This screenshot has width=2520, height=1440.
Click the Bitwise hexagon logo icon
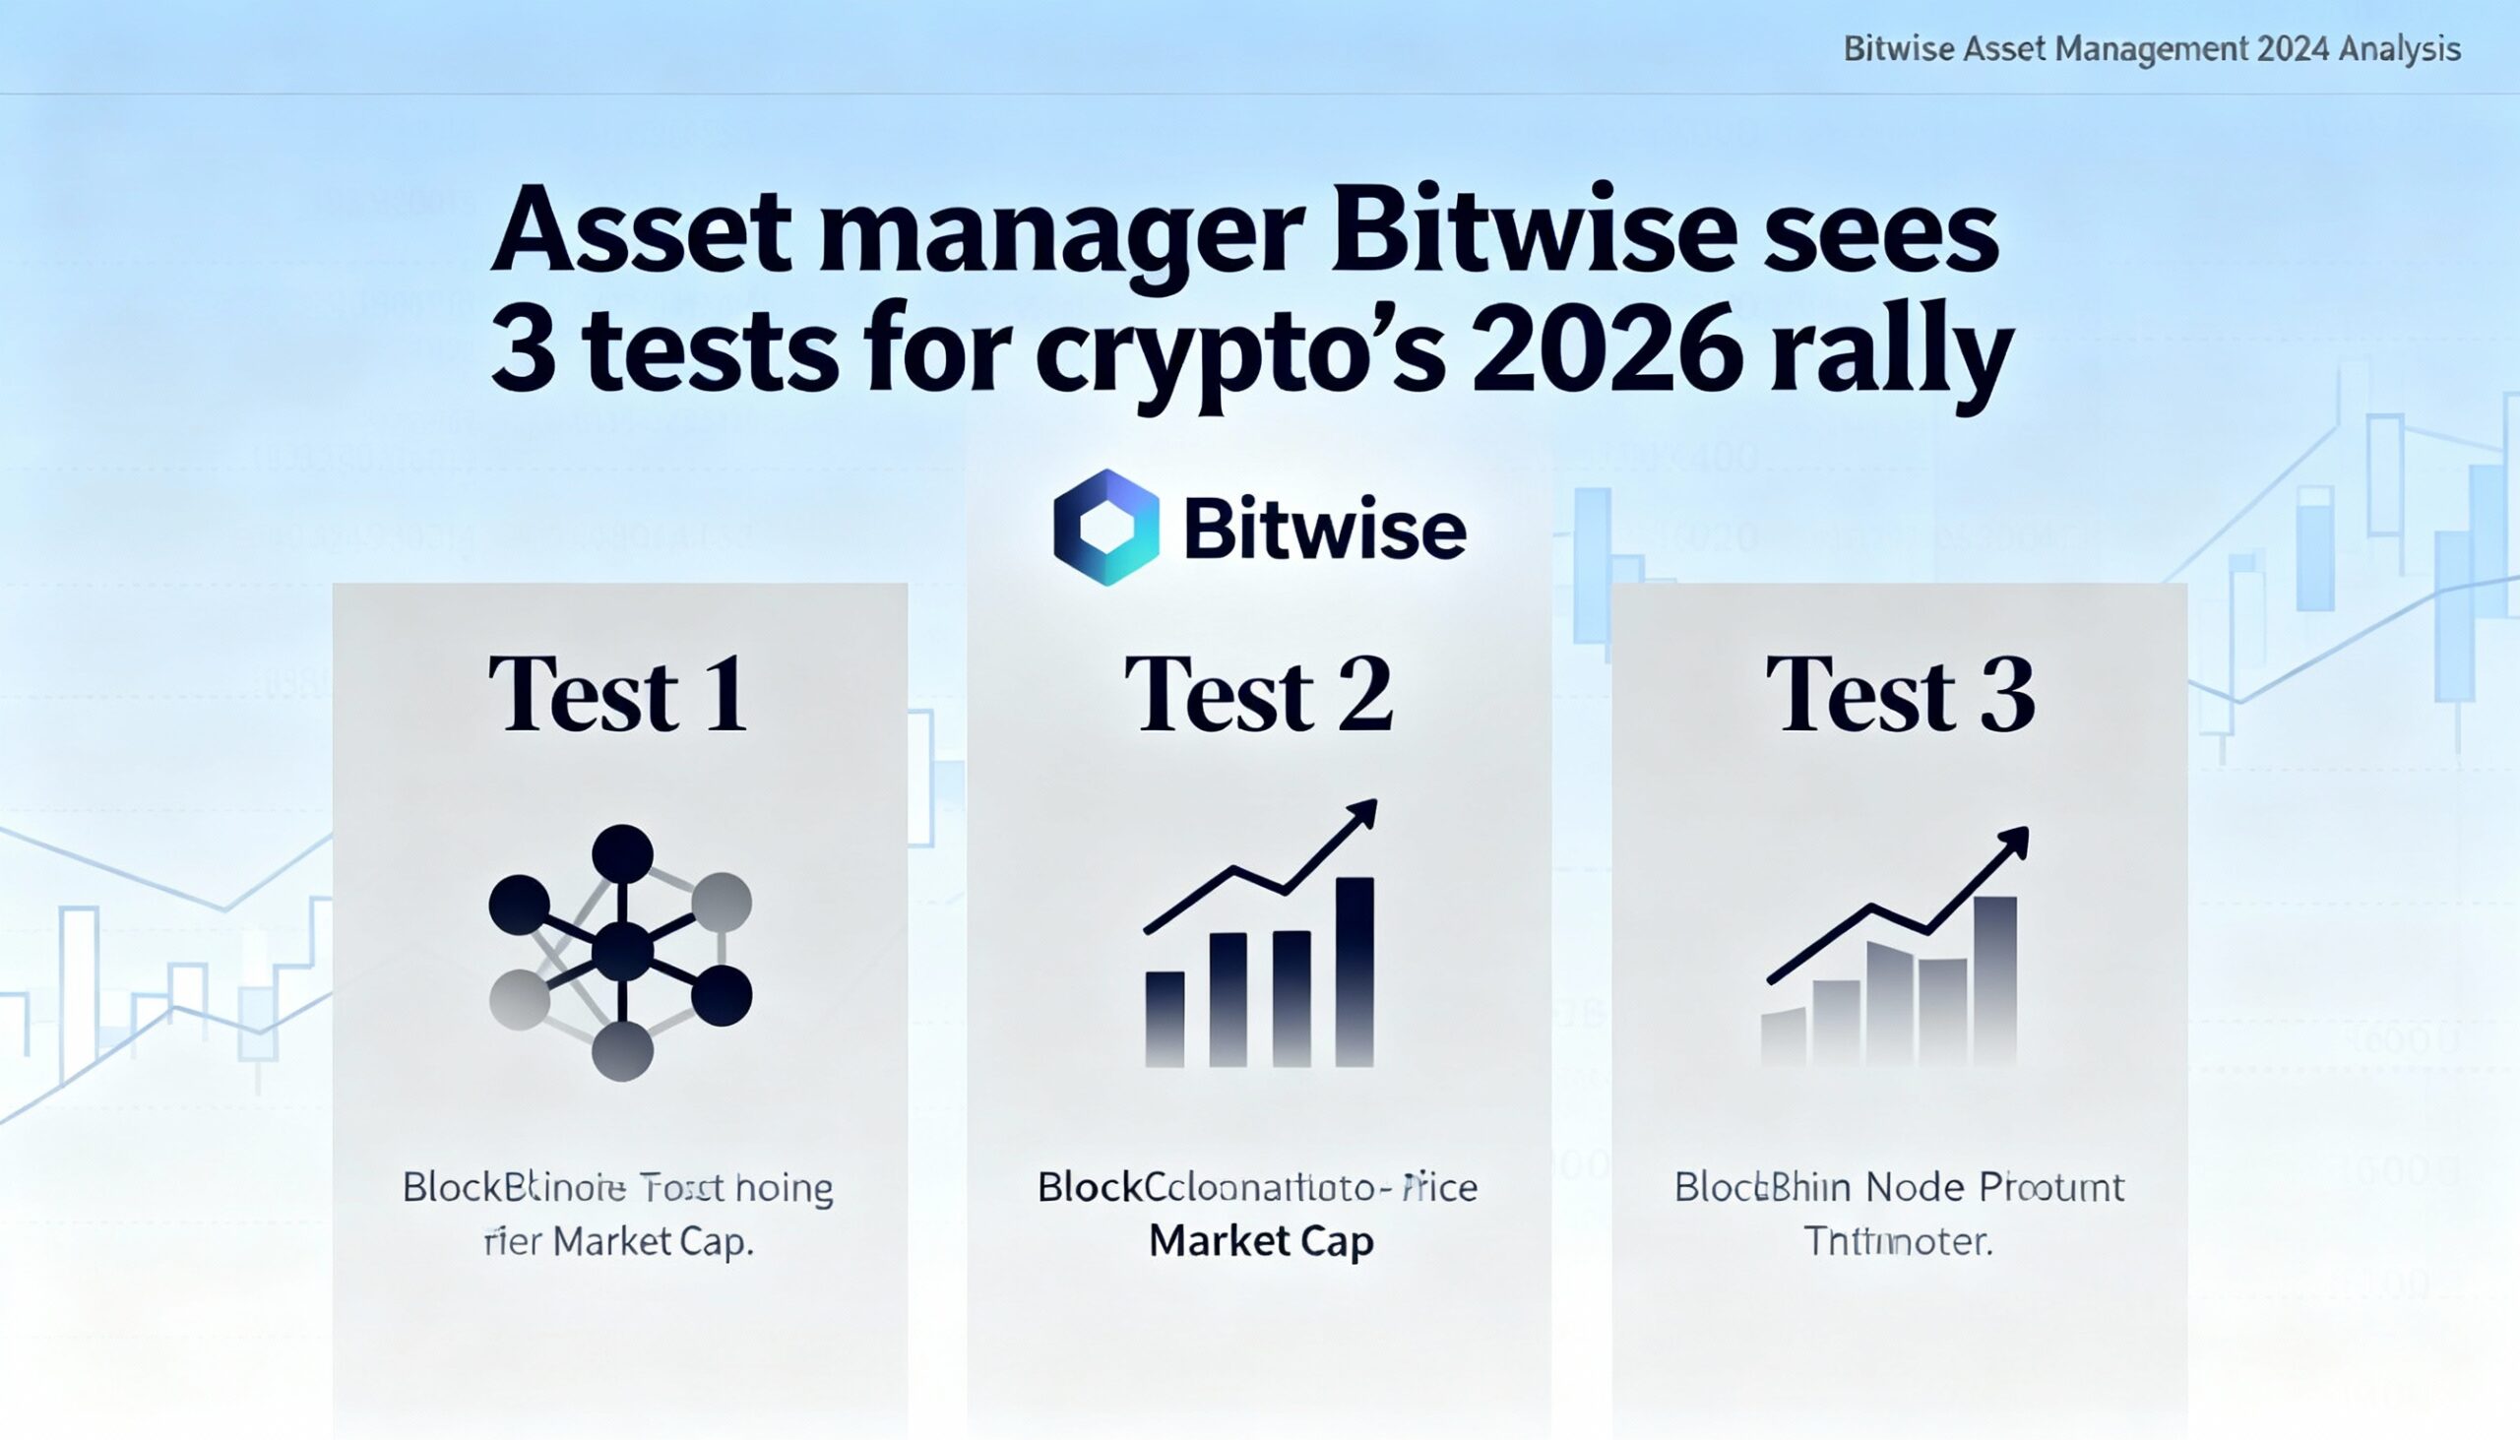pyautogui.click(x=1105, y=528)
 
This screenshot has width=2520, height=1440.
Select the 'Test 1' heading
pyautogui.click(x=618, y=694)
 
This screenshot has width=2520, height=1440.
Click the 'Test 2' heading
pyautogui.click(x=1258, y=694)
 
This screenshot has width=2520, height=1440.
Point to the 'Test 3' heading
pyautogui.click(x=1899, y=694)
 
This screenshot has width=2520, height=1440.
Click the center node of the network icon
pyautogui.click(x=622, y=952)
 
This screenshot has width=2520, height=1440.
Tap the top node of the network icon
pyautogui.click(x=622, y=853)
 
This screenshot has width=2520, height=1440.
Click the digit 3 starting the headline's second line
pyautogui.click(x=522, y=353)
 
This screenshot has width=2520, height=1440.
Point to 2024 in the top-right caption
pyautogui.click(x=2283, y=48)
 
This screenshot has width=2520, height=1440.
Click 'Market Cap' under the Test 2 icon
pyautogui.click(x=1261, y=1240)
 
